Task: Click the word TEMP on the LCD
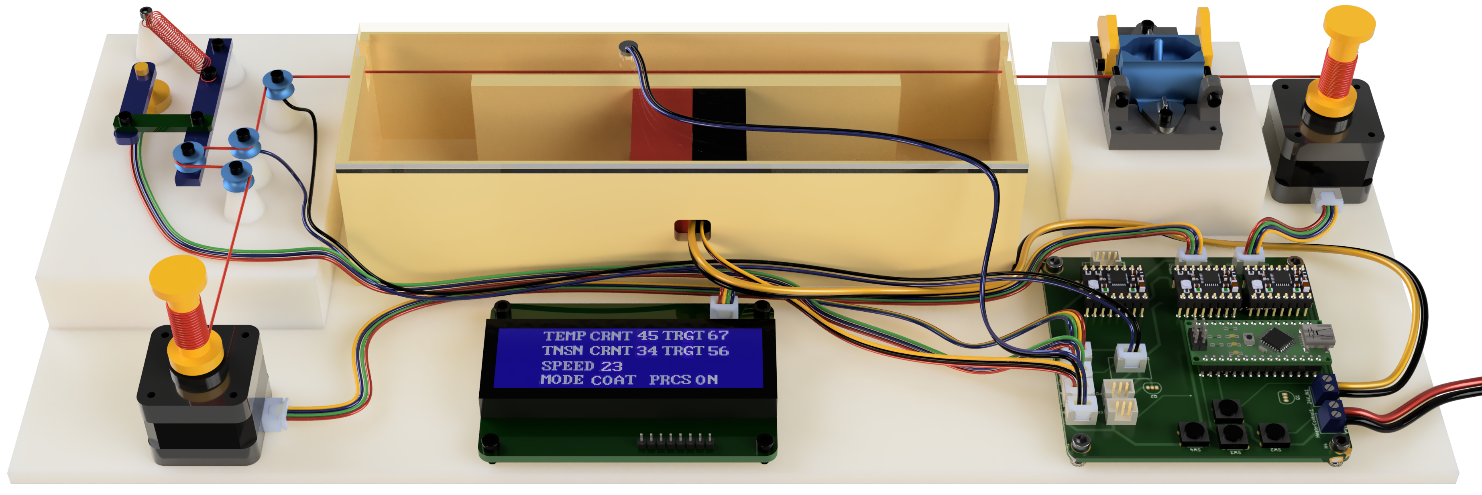(564, 336)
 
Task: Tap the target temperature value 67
(718, 335)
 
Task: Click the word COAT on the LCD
(613, 380)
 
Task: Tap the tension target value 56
(718, 350)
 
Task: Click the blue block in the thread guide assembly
(1156, 66)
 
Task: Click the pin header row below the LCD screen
(676, 442)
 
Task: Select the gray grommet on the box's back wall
(627, 48)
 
